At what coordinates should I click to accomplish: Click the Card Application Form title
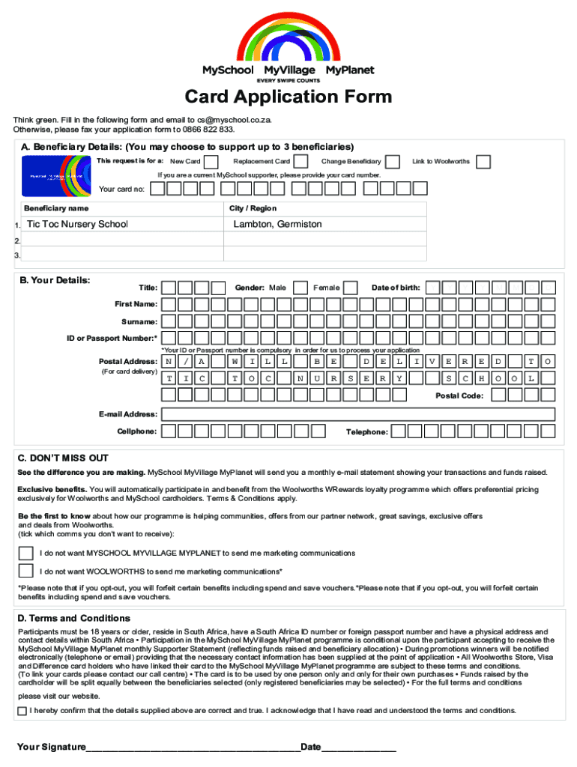[288, 97]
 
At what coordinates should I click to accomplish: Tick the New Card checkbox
[212, 162]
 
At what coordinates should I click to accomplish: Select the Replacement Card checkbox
[300, 162]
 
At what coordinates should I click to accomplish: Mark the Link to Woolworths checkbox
[484, 162]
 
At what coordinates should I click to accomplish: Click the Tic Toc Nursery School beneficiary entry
[77, 224]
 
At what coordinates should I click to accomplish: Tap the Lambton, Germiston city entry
[277, 224]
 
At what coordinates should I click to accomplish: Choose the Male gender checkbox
[300, 288]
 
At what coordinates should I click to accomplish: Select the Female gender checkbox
[353, 288]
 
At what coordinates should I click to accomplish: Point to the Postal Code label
[459, 395]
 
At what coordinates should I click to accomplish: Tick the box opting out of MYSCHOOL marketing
[26, 554]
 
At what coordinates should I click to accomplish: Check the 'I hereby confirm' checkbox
[22, 711]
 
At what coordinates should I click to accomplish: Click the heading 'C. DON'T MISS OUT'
[64, 458]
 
